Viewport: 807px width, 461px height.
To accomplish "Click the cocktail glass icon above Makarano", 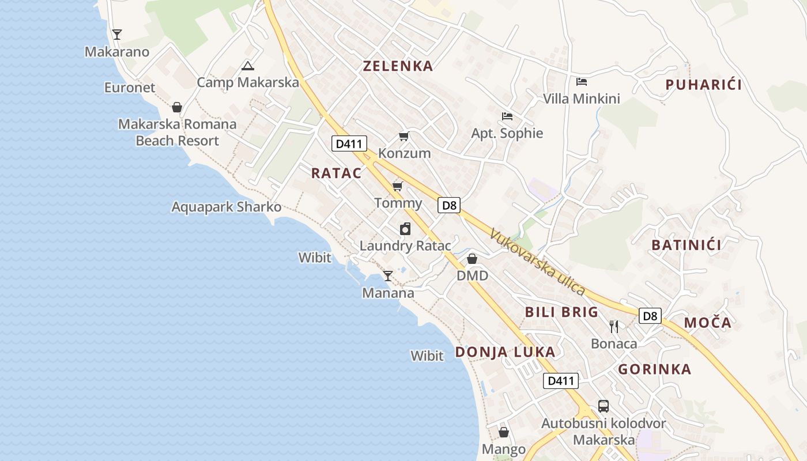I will [x=117, y=35].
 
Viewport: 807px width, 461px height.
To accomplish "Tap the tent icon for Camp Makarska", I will [x=248, y=66].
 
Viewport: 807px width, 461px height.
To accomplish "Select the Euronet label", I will [x=130, y=88].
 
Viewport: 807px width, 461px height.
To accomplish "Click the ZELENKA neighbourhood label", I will [x=398, y=66].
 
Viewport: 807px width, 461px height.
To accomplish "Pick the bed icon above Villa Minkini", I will [x=582, y=82].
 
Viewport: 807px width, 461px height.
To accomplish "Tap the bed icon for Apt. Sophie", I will [x=507, y=116].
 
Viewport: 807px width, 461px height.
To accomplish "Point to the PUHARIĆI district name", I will [x=703, y=85].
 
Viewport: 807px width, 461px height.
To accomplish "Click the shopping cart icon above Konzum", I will [x=404, y=137].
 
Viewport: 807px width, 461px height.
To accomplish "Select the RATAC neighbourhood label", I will [x=337, y=173].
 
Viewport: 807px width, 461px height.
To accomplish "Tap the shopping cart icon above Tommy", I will [x=398, y=186].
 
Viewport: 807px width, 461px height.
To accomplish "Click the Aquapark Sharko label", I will [x=227, y=207].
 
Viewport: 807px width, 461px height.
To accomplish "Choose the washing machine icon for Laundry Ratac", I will [x=405, y=229].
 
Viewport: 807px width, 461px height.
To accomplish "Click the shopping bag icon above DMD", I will [x=472, y=259].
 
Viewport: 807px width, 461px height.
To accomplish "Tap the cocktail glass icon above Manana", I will [x=388, y=276].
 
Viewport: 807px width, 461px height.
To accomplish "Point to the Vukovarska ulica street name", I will [x=537, y=263].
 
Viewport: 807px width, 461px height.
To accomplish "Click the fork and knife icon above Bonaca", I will [x=614, y=327].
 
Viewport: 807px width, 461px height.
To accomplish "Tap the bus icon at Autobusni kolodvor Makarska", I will [x=603, y=406].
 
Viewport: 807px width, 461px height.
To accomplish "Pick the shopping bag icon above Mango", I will [x=504, y=432].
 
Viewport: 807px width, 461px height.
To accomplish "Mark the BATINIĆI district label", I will [x=687, y=245].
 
